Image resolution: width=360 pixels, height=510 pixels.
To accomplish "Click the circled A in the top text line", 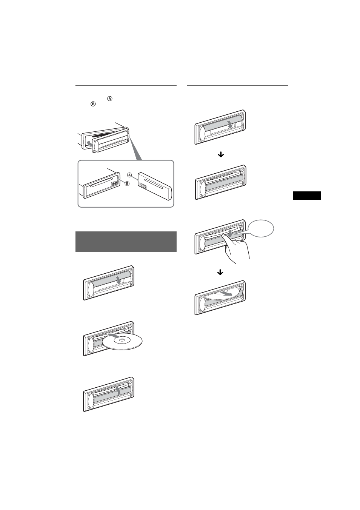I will [110, 99].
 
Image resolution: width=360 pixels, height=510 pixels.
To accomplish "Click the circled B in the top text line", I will [92, 104].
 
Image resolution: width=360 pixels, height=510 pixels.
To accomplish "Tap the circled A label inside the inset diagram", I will [129, 175].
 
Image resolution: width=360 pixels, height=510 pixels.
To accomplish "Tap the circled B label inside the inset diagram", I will [127, 183].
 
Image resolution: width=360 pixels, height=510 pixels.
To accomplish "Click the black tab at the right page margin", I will [306, 196].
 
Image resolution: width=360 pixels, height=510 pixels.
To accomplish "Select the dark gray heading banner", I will [126, 242].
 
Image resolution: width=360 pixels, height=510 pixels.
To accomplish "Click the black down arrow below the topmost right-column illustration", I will [221, 154].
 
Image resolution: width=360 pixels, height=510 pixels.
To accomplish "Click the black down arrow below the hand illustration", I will [220, 272].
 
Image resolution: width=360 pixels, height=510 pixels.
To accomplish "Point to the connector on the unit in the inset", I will [115, 185].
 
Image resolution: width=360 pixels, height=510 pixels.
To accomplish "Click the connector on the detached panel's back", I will [143, 185].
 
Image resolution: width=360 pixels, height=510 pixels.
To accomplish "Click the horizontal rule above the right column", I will [237, 85].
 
